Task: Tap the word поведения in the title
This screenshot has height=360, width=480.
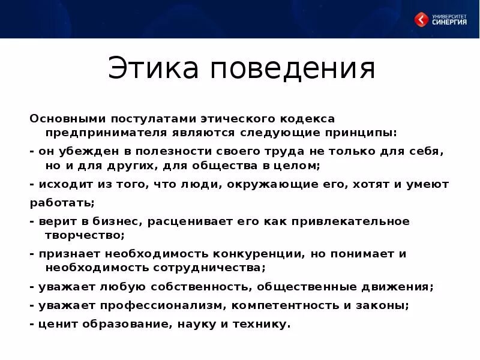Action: pos(293,69)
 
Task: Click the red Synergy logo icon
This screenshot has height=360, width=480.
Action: pos(422,20)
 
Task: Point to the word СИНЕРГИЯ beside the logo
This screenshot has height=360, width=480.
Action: pos(449,23)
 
